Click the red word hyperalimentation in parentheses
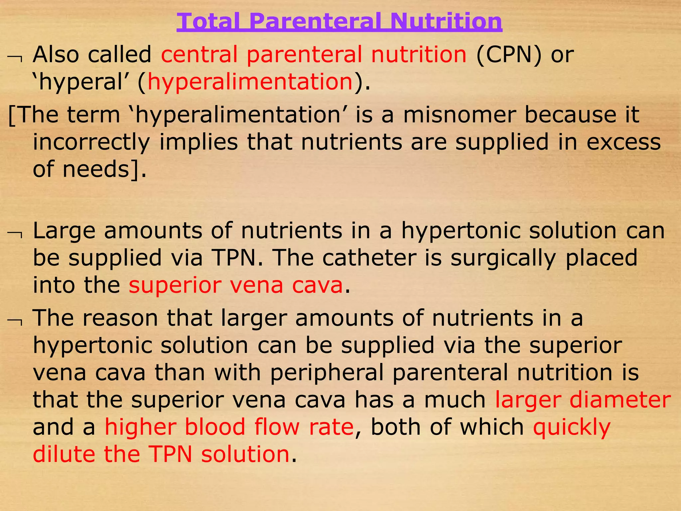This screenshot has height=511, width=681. pos(250,82)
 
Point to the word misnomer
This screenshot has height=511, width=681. pos(459,115)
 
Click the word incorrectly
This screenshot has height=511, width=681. pos(91,142)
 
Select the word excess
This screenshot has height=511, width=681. pos(623,142)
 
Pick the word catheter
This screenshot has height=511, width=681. pos(369,258)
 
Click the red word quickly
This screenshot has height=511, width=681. pos(572,427)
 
